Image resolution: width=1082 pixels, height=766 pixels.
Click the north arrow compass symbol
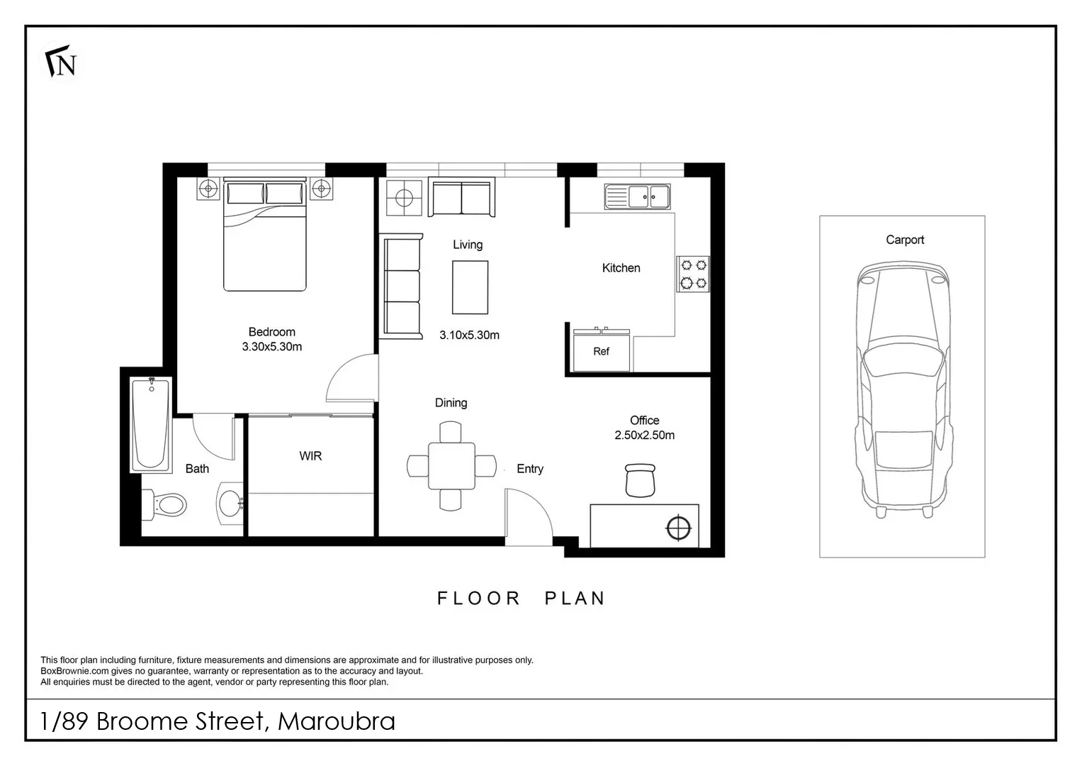(x=61, y=64)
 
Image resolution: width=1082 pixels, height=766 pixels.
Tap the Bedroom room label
(x=271, y=332)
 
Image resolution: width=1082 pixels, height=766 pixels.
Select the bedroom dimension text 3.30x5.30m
(x=271, y=347)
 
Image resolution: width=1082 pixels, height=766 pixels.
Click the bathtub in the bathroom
(x=151, y=425)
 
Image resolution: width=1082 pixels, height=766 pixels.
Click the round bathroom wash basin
(x=230, y=504)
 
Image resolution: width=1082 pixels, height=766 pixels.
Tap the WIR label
(x=310, y=456)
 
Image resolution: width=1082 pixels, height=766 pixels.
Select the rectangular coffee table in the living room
(x=470, y=287)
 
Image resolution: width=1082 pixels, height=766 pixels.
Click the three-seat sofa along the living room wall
(x=402, y=287)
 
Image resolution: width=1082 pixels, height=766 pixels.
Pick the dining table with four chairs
(x=451, y=466)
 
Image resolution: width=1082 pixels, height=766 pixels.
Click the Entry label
(x=529, y=469)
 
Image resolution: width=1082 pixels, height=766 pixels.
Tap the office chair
(x=641, y=479)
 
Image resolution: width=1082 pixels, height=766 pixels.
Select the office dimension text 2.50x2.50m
(x=644, y=435)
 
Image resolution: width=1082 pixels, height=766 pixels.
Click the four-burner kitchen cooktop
(x=693, y=274)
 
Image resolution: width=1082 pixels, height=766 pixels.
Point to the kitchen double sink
(x=637, y=196)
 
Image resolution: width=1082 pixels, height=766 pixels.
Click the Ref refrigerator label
(x=601, y=351)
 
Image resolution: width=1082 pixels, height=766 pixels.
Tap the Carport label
(x=904, y=240)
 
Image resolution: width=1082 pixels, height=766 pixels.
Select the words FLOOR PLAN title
(x=521, y=599)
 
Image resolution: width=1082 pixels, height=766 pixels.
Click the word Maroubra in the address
(x=337, y=721)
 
